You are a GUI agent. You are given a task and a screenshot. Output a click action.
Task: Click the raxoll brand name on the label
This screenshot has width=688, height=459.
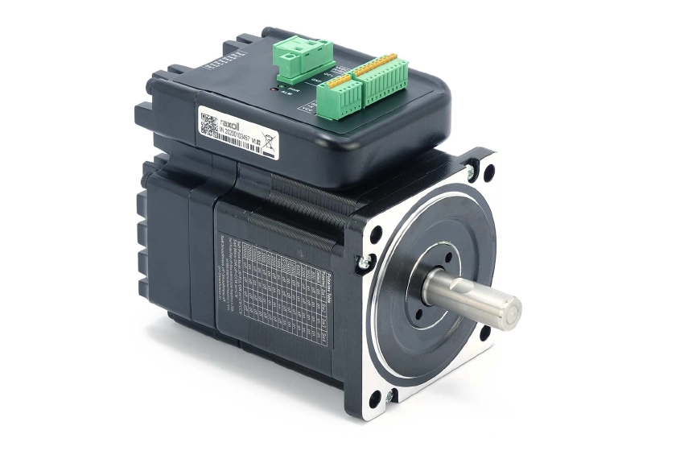(234, 114)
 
